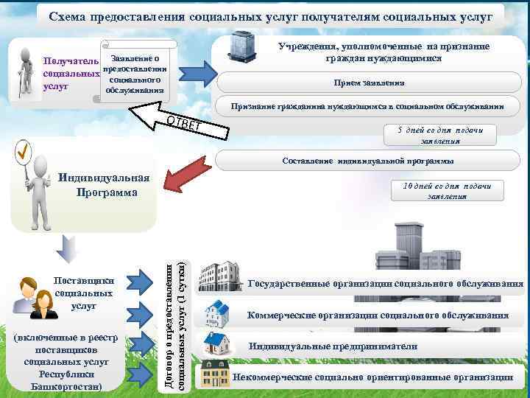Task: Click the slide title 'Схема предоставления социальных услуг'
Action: point(275,16)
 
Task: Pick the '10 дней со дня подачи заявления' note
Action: point(442,190)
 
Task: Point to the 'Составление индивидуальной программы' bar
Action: point(368,160)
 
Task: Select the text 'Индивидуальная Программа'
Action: point(103,185)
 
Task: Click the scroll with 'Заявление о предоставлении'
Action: point(138,74)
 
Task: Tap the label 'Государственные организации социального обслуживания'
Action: point(386,284)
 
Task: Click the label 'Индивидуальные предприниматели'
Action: point(333,346)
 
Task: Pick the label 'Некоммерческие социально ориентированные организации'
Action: point(372,377)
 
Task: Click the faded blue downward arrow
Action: point(67,248)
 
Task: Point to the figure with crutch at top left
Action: point(27,74)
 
